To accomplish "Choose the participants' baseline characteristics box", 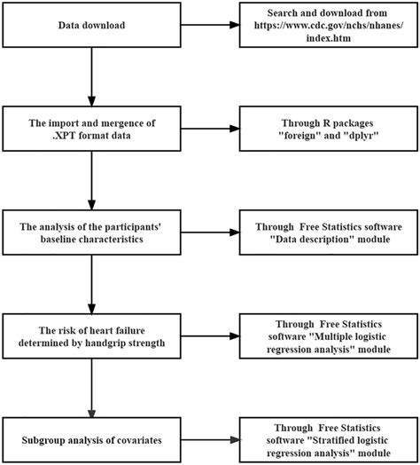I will (90, 232).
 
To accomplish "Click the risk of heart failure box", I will (90, 335).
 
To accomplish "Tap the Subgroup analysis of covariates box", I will (90, 438).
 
